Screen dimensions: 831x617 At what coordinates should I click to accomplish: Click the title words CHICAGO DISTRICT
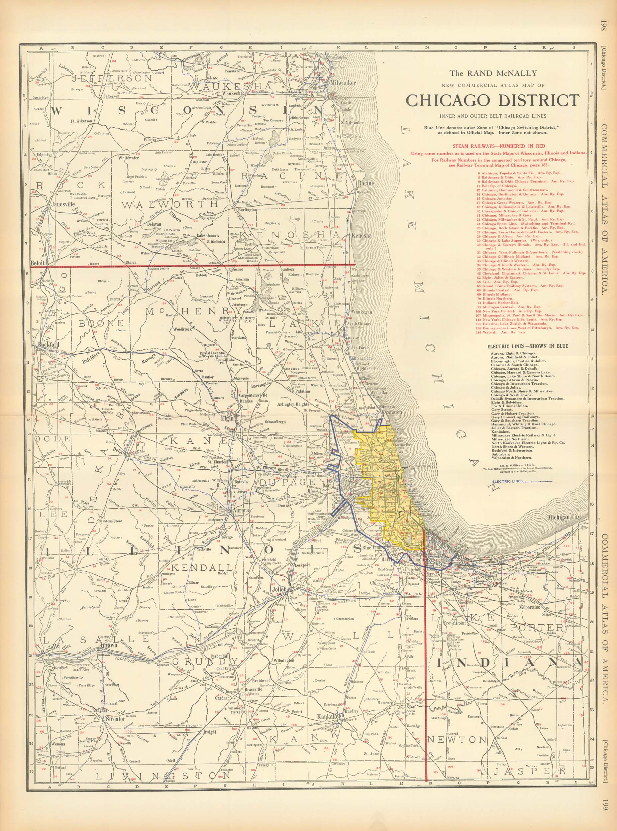[x=493, y=100]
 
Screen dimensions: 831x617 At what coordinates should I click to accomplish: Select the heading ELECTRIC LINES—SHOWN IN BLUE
[x=528, y=346]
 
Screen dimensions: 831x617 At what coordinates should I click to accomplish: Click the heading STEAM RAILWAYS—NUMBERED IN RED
[x=499, y=146]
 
